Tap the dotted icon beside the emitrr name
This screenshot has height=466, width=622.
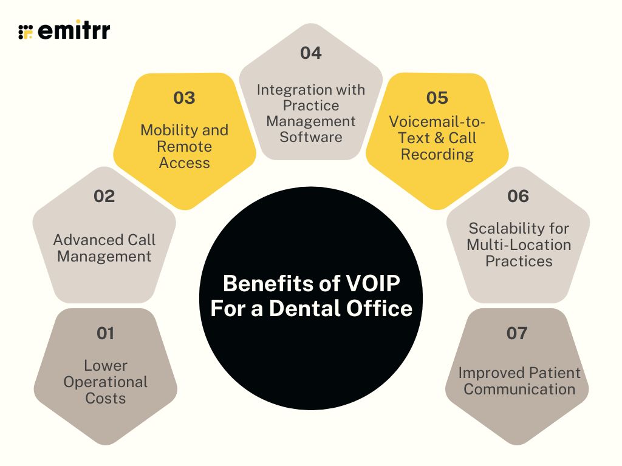tap(26, 32)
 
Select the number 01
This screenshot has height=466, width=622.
tap(105, 333)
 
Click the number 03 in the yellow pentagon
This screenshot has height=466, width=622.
tap(184, 98)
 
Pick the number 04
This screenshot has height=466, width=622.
tap(310, 53)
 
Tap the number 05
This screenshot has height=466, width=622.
tap(437, 98)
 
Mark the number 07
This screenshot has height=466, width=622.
tap(517, 333)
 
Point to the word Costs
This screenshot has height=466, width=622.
tap(106, 398)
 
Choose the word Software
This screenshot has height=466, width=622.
tap(311, 137)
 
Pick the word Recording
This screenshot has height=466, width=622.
tap(437, 154)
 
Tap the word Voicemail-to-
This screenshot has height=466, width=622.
tap(437, 122)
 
